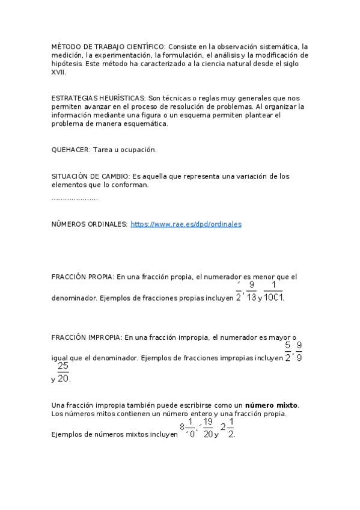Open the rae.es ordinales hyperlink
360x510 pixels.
[x=186, y=224]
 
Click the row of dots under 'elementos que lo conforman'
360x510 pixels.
[x=75, y=198]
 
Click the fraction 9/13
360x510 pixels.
[x=251, y=290]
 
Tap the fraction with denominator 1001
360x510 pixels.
[x=273, y=290]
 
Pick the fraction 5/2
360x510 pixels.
[x=288, y=351]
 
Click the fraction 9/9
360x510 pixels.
[x=299, y=351]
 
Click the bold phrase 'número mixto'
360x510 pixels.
[x=272, y=405]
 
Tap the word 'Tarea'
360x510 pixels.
[x=103, y=149]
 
